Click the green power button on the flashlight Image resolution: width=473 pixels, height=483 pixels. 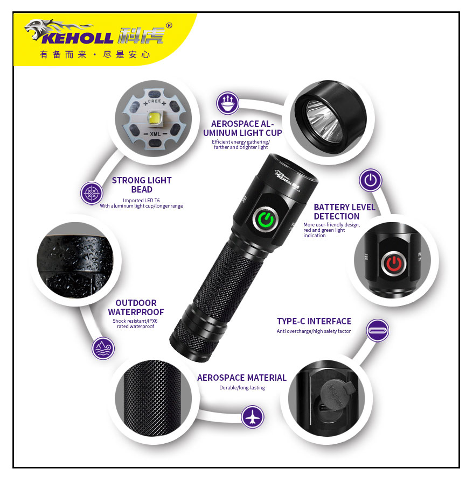[x=266, y=219]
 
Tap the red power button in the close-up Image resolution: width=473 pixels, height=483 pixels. [x=394, y=264]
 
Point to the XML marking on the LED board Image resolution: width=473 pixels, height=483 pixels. [x=155, y=134]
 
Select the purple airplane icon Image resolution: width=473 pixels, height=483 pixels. [x=252, y=417]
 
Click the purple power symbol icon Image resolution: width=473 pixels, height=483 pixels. [x=371, y=180]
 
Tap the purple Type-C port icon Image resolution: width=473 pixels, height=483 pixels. [x=378, y=330]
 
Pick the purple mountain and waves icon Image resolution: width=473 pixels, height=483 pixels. [x=103, y=348]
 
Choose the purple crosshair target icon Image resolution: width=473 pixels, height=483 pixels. [x=92, y=194]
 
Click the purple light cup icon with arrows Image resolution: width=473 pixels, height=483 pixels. [x=227, y=103]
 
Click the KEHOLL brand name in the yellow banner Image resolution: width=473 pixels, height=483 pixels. [x=78, y=38]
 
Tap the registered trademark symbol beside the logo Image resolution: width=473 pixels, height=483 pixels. [x=169, y=26]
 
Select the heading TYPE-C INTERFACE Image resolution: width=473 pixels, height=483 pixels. [x=314, y=321]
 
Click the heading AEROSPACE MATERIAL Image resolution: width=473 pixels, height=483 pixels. [x=242, y=378]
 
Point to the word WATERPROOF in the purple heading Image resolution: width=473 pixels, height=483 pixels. [x=136, y=312]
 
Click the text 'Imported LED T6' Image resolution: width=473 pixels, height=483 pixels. [x=141, y=200]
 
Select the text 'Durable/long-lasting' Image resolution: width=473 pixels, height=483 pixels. [x=242, y=387]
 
